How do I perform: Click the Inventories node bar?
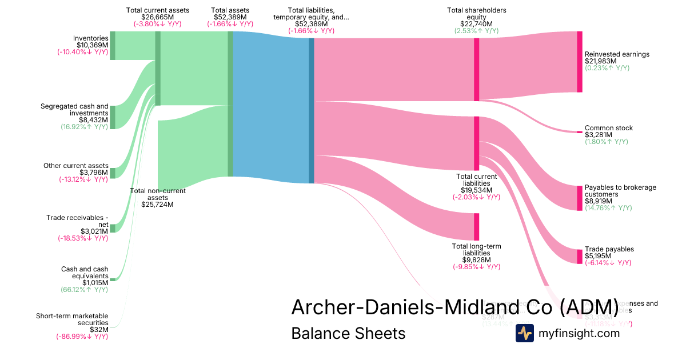113,45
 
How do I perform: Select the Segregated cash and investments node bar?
113,117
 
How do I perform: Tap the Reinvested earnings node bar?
579,62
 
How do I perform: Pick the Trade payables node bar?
579,257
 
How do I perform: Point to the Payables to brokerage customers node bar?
579,198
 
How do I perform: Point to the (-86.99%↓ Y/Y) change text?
82,337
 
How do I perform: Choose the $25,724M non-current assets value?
157,205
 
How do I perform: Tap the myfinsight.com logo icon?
524,333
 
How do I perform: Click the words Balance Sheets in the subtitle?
348,333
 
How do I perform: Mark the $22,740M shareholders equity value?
476,24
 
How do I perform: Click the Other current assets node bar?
113,173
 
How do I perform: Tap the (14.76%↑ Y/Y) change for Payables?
608,208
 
